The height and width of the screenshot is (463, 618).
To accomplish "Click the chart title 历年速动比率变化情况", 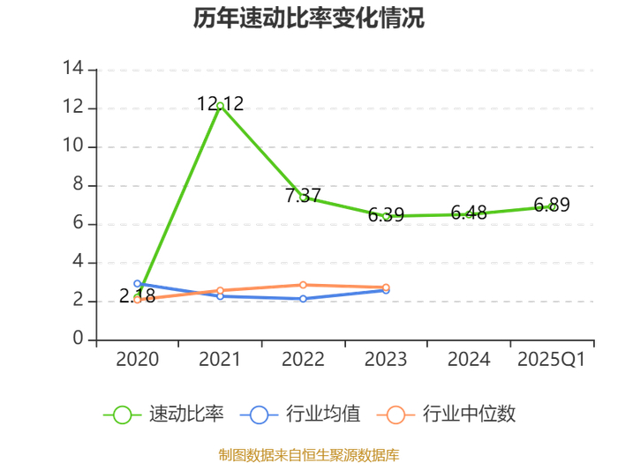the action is [x=309, y=19].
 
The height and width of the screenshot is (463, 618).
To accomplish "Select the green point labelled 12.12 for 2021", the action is [x=221, y=106].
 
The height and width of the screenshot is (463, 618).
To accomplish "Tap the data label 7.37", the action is [x=303, y=195].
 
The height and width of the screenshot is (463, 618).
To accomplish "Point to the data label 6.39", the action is [x=387, y=214].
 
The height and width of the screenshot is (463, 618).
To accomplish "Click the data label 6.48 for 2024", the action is [x=469, y=213].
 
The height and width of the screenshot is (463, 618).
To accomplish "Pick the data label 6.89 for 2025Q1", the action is [x=552, y=205].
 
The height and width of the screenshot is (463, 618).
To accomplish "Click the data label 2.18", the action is [x=137, y=295].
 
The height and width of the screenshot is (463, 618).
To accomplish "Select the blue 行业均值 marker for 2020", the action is [x=137, y=283].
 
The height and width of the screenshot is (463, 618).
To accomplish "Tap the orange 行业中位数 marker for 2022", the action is [x=303, y=285].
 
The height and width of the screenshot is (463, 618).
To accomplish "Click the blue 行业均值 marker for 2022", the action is [x=303, y=299].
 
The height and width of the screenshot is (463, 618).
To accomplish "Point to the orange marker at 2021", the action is [x=221, y=290].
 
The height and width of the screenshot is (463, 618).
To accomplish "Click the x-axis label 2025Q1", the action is [x=552, y=359].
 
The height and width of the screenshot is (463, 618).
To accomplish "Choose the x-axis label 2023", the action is [x=386, y=359].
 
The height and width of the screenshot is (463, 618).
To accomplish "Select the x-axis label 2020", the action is [x=137, y=359].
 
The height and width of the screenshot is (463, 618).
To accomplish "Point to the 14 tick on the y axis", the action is [x=73, y=68].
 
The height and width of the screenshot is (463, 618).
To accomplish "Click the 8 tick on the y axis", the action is [x=78, y=183].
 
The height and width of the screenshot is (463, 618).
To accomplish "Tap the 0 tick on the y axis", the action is [x=78, y=338].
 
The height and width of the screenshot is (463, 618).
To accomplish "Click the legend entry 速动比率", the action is [x=163, y=414].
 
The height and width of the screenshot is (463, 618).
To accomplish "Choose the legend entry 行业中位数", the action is [x=446, y=414].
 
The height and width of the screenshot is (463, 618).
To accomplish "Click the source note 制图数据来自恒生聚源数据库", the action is [x=309, y=455].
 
